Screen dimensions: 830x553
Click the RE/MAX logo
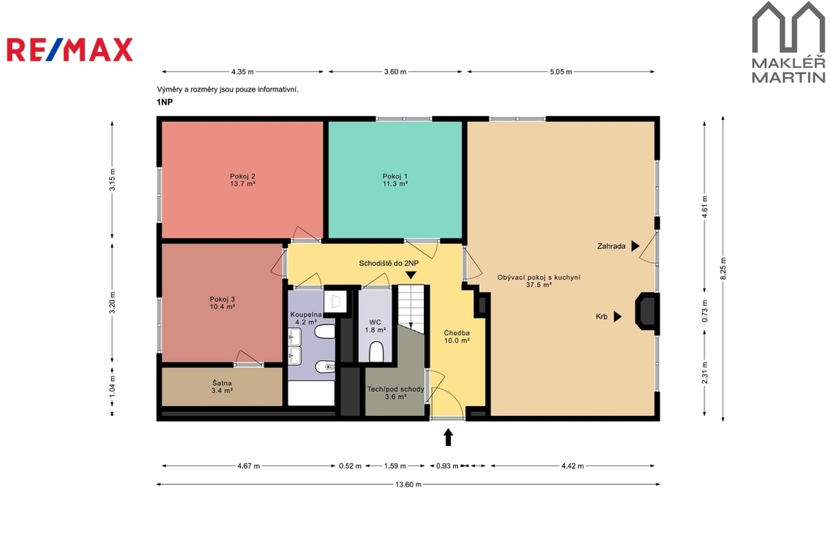pos(70,49)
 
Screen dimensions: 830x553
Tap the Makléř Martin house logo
pos(789,42)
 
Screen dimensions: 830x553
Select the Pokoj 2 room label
pos(242,177)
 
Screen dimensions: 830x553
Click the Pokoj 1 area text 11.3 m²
pos(395,184)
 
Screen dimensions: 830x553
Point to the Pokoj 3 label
pos(222,299)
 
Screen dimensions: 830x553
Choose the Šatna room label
pos(222,383)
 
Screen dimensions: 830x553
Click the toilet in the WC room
pos(376,352)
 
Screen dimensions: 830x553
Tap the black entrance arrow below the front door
pos(448,437)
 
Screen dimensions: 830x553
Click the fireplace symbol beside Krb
pos(646,311)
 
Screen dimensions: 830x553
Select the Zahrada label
pos(611,246)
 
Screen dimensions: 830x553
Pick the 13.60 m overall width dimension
pos(409,484)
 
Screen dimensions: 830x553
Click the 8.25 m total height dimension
pos(723,268)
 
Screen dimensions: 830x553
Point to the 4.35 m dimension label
pos(242,71)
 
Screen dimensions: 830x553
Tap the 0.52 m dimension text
pos(350,466)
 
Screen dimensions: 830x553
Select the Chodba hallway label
pos(456,333)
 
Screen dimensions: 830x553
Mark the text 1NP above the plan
pos(165,102)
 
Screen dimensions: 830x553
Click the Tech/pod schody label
pos(396,389)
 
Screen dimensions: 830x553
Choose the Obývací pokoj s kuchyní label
pos(539,277)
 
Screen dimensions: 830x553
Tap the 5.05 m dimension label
pos(561,71)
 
